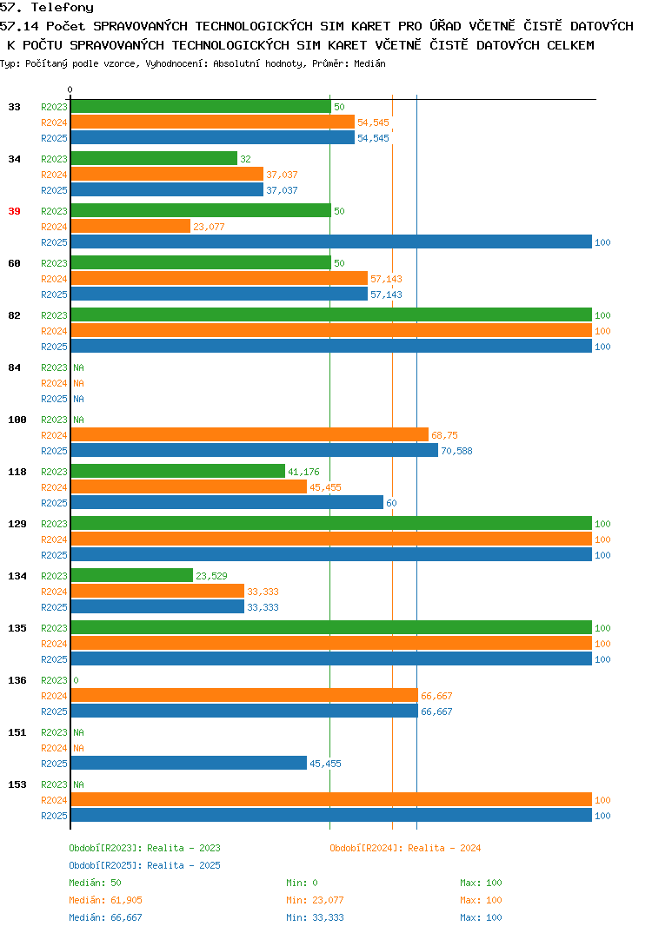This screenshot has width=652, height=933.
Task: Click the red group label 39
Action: coord(14,211)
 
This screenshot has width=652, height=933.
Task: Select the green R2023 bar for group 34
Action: coord(154,158)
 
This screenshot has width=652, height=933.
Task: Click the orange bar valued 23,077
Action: coord(131,226)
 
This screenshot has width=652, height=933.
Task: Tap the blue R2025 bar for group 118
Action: coord(228,502)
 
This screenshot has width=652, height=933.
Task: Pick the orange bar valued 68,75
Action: coord(250,435)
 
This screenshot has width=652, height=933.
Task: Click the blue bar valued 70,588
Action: coord(255,451)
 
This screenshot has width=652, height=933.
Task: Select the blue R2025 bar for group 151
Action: coord(190,763)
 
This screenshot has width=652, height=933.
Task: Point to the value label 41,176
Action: coord(303,472)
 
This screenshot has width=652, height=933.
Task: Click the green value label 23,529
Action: coord(211,576)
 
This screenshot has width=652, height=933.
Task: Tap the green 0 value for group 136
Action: coord(77,680)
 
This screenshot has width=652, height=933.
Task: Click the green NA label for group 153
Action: coord(78,784)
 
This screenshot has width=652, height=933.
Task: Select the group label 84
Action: coord(14,367)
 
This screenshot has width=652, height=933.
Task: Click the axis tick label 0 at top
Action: coord(70,89)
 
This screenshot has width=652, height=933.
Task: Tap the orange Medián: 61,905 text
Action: coord(105,900)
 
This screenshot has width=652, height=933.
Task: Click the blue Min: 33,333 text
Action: coord(315,917)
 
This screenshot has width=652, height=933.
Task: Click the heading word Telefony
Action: coord(63,8)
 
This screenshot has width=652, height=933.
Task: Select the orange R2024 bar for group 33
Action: coord(213,122)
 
